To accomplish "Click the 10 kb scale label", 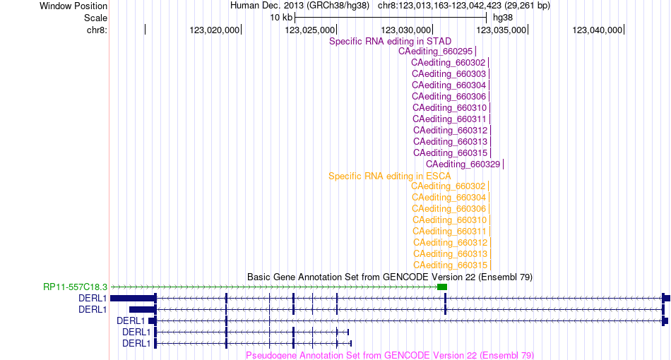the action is point(281,18).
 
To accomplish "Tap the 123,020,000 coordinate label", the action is point(215,30).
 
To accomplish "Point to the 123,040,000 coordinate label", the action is point(598,30).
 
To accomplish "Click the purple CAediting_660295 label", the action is point(435,52).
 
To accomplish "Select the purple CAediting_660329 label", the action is point(463,164).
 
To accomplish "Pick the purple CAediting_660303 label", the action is point(449,74).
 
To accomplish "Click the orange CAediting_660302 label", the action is point(449,186).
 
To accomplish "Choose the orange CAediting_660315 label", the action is point(450,265).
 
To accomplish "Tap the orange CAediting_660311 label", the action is point(450,232).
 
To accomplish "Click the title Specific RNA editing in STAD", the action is point(391,41).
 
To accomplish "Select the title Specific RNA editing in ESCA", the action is point(390,176).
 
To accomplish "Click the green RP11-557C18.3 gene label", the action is point(76,287).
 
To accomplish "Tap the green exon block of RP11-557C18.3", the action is point(442,287).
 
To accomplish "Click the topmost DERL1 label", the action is point(93,298).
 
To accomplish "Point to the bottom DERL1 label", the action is point(136,343).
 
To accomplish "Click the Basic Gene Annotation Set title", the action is point(390,277).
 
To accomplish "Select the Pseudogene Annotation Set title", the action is point(390,355).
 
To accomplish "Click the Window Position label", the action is point(73,6).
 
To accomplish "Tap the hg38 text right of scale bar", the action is point(503,18).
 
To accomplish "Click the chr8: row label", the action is point(97,30).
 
